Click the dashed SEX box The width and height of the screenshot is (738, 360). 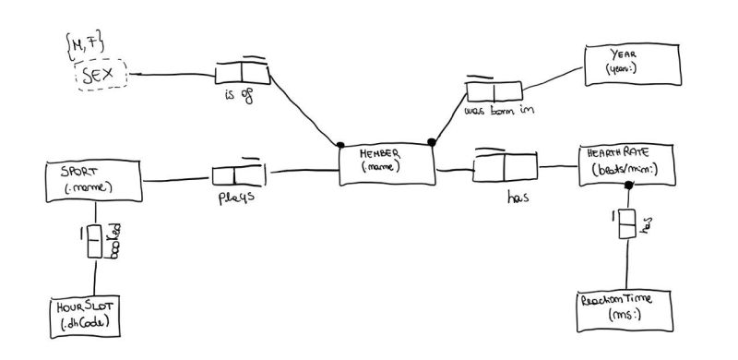click(x=101, y=73)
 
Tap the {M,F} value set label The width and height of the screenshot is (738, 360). click(x=86, y=42)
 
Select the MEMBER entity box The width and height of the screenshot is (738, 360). click(x=386, y=164)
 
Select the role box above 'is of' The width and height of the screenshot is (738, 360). click(x=241, y=72)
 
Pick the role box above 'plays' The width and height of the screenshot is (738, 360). click(x=238, y=174)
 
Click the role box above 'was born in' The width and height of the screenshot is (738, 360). click(x=494, y=90)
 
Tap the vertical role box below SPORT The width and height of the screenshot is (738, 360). click(x=94, y=242)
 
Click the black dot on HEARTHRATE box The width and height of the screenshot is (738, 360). click(x=628, y=186)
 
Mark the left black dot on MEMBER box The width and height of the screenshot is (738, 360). click(x=340, y=145)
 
